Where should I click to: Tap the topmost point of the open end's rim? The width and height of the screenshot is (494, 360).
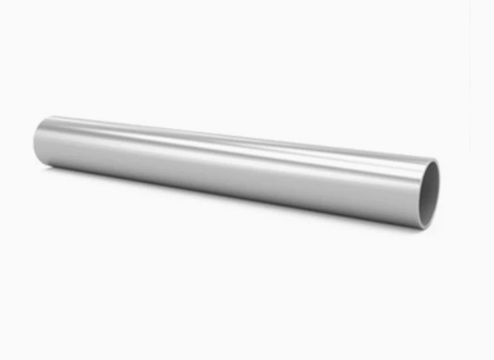[433, 159]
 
